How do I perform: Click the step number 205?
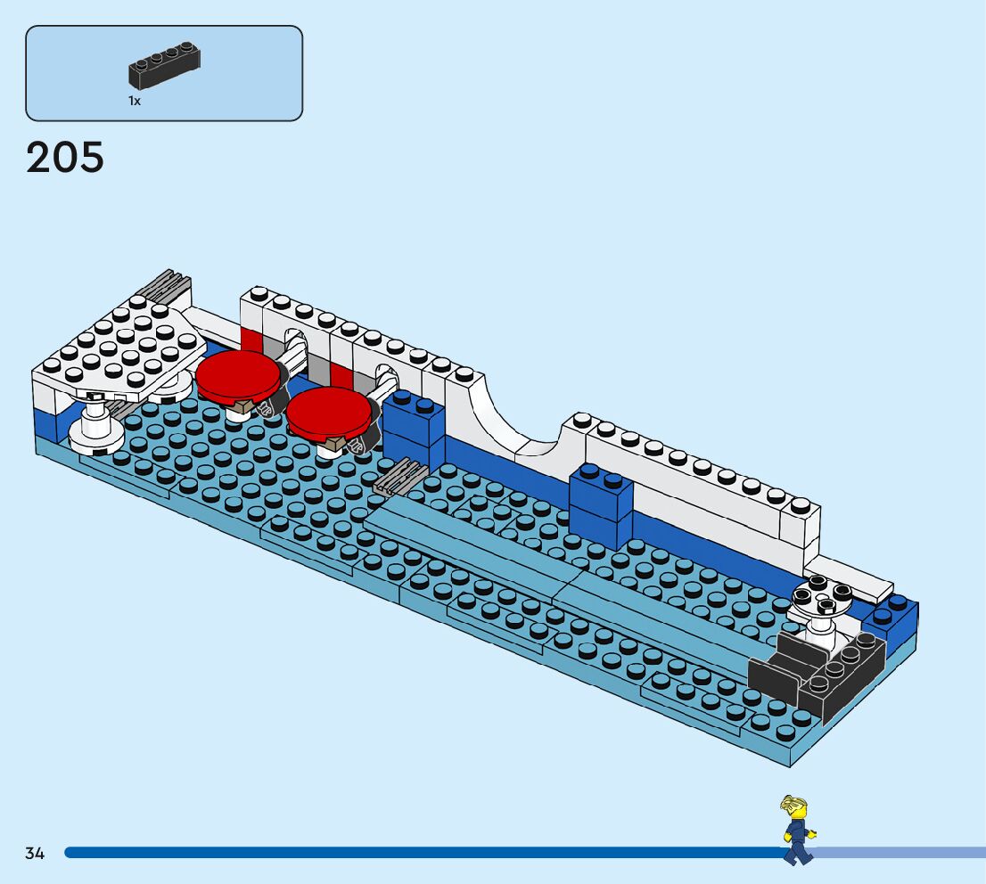point(65,158)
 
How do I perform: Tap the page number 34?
point(35,853)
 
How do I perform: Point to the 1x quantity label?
point(134,102)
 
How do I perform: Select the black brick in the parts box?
point(165,66)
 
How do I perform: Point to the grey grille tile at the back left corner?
point(163,287)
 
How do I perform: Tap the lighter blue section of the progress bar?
point(900,853)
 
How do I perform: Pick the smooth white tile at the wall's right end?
point(856,577)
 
